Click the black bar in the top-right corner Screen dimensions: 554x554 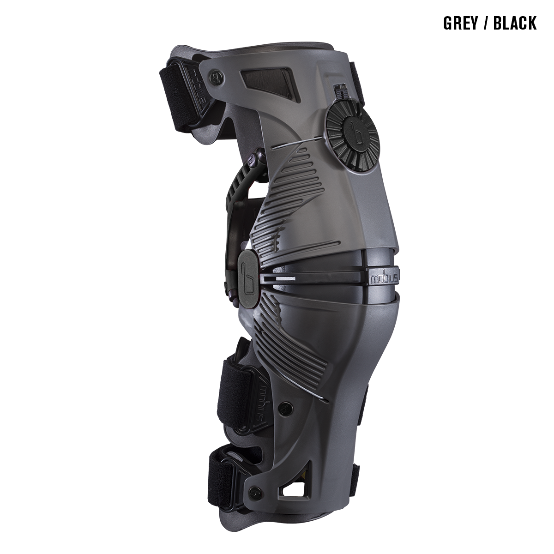[490, 23]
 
